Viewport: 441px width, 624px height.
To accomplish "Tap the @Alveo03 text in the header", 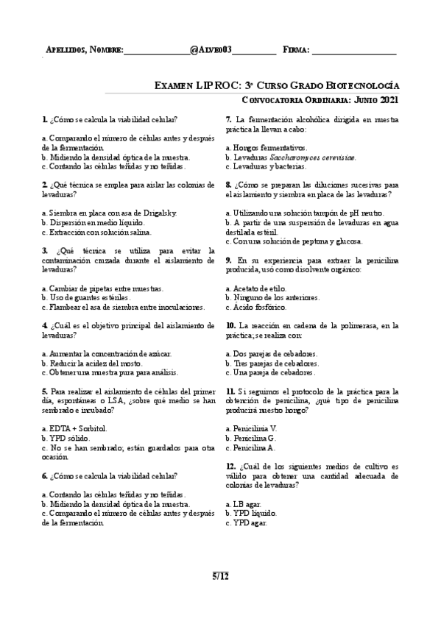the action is pos(211,50).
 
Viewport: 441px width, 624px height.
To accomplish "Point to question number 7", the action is pos(229,119).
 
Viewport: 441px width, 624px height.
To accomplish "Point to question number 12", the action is pos(230,466).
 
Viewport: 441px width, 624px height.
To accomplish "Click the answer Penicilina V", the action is pos(254,428).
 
